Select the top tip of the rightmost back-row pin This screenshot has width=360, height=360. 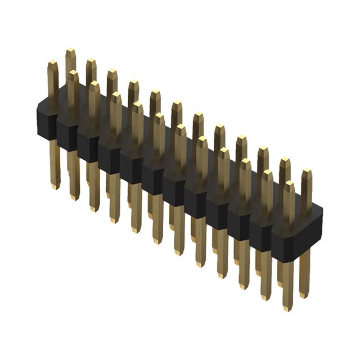(307, 171)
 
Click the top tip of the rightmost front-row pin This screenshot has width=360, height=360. (289, 183)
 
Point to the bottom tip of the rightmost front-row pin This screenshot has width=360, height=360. (287, 308)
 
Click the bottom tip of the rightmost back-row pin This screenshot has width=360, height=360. (304, 296)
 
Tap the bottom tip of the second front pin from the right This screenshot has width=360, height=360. (266, 298)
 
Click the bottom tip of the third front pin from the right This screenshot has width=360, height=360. (245, 286)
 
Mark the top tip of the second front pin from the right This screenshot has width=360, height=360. (267, 172)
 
